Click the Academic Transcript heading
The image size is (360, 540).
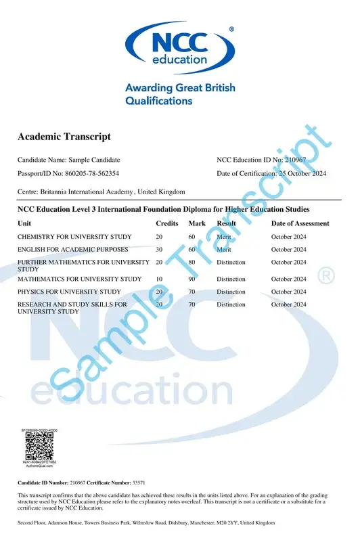click(x=64, y=137)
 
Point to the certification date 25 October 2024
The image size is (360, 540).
click(x=302, y=174)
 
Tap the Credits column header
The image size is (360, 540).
click(x=167, y=223)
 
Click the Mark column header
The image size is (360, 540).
click(x=197, y=223)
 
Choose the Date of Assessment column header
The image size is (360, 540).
click(x=300, y=223)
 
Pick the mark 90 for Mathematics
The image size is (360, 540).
click(x=192, y=279)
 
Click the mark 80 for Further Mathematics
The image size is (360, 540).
click(x=192, y=262)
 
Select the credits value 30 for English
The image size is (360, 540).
click(x=159, y=250)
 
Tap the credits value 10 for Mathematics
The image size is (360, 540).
click(x=159, y=279)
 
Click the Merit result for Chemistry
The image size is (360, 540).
click(x=224, y=237)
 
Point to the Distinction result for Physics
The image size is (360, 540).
click(x=231, y=292)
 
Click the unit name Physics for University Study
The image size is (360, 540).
click(x=69, y=292)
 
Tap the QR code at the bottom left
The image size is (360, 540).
click(x=41, y=447)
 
